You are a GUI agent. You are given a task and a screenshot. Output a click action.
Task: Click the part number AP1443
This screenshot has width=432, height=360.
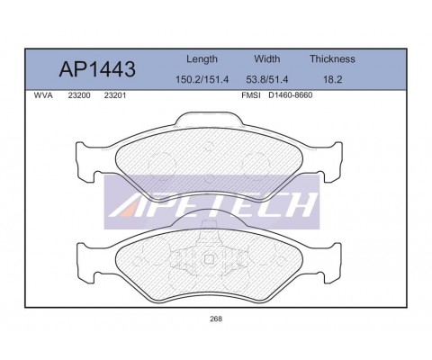tap(96, 68)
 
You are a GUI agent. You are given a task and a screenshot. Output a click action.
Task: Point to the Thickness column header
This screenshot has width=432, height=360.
tap(332, 59)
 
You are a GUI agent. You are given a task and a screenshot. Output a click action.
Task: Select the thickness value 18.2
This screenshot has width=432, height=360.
tap(332, 79)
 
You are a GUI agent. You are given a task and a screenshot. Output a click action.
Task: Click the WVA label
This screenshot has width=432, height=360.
tap(42, 94)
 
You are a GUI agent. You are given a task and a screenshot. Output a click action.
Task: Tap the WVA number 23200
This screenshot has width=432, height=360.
tap(78, 94)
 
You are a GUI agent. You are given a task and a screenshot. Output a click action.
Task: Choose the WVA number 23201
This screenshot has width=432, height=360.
tap(114, 94)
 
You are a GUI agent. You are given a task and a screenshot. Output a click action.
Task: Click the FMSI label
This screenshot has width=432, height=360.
tap(251, 94)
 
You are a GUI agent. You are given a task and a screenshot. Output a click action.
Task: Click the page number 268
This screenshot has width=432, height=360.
tap(215, 318)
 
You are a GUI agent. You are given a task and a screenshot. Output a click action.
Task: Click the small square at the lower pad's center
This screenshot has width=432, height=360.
tap(209, 261)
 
